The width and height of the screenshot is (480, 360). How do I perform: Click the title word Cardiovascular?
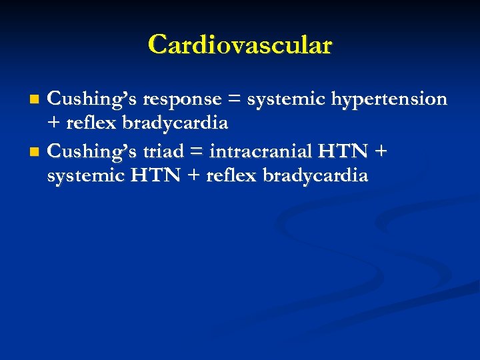(x=240, y=45)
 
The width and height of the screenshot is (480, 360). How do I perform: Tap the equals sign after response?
(x=234, y=100)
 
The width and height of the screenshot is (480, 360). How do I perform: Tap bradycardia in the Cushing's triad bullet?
(x=315, y=176)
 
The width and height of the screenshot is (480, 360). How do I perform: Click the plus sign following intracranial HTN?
(x=381, y=152)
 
